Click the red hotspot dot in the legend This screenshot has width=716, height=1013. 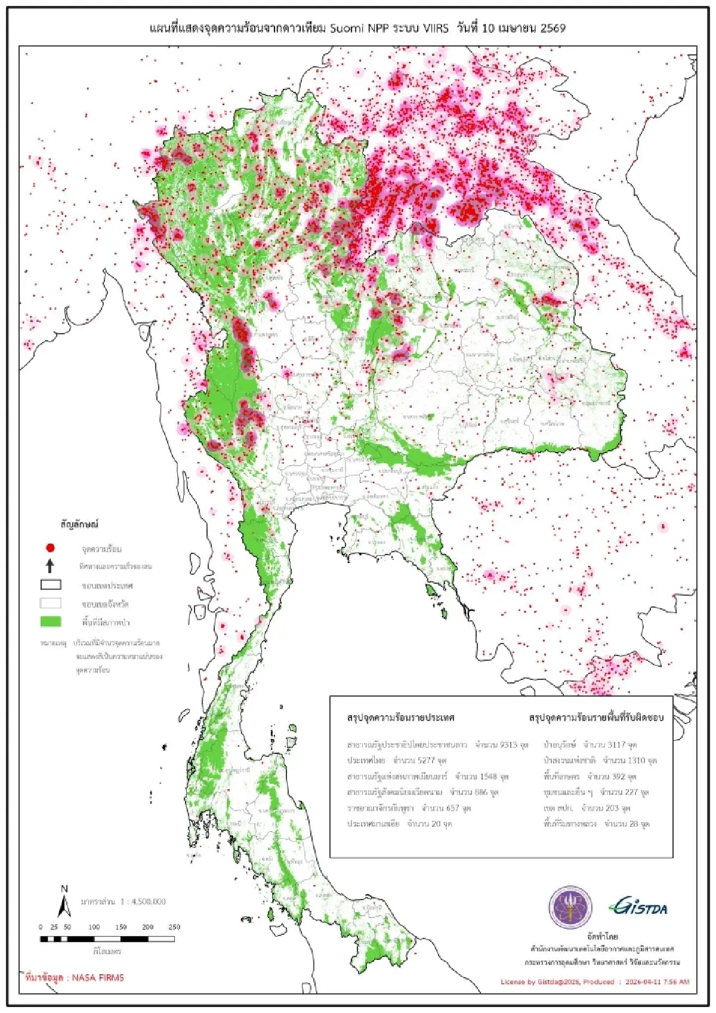pyautogui.click(x=50, y=547)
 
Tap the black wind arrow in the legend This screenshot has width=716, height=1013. pyautogui.click(x=50, y=566)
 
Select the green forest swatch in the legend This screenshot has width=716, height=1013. pyautogui.click(x=51, y=621)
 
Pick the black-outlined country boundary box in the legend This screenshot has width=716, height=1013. pyautogui.click(x=51, y=585)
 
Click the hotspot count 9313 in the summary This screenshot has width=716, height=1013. pyautogui.click(x=508, y=745)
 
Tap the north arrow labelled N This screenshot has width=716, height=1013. pyautogui.click(x=64, y=902)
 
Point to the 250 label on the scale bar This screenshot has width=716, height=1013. pyautogui.click(x=174, y=927)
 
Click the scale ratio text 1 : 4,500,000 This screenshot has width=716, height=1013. pyautogui.click(x=143, y=901)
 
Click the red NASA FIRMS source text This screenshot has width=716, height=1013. pyautogui.click(x=75, y=978)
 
